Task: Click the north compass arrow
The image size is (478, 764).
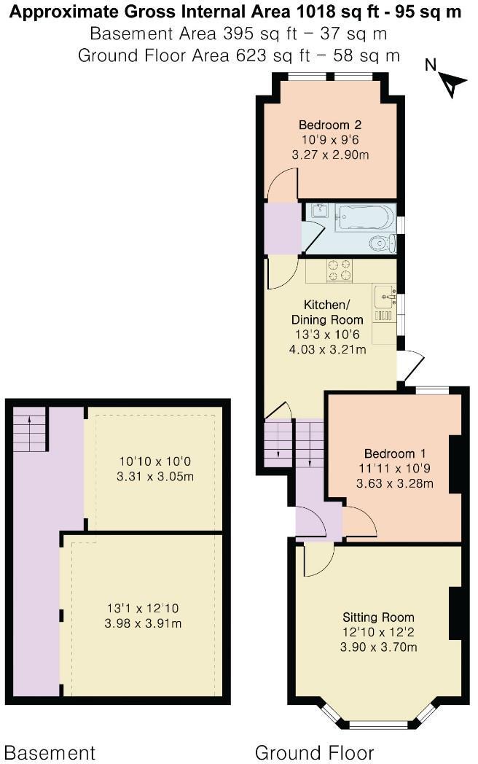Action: tap(453, 85)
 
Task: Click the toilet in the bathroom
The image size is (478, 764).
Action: tap(381, 243)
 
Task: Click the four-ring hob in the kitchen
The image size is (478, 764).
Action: tap(339, 270)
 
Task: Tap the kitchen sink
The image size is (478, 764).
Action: tap(383, 298)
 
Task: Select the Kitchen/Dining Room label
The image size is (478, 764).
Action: tap(326, 312)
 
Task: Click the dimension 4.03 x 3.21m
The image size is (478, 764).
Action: tap(327, 349)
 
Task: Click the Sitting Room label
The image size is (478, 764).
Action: tap(378, 617)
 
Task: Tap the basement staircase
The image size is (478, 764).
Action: tap(30, 430)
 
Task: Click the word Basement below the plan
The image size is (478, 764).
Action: tap(50, 752)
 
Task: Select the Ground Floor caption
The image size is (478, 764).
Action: tap(314, 752)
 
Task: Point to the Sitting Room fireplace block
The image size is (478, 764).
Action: tap(455, 612)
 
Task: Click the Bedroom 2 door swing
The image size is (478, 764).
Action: tap(283, 187)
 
